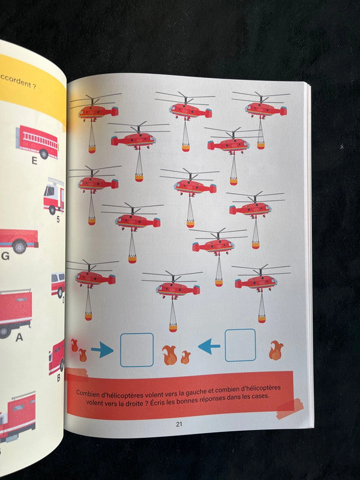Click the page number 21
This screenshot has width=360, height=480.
point(179,424)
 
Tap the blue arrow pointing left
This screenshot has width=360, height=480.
point(209,346)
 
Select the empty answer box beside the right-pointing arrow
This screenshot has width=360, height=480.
point(137,350)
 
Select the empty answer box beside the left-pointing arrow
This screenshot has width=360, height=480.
point(241,345)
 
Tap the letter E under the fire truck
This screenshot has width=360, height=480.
point(34,160)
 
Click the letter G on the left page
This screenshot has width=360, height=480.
point(5,256)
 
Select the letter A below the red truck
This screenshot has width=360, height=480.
point(19,337)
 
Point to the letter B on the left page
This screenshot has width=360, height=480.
point(59,379)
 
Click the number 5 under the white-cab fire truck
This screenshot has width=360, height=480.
point(58,219)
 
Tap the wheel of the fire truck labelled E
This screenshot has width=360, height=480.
point(44,154)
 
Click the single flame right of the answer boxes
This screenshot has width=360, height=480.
point(276,350)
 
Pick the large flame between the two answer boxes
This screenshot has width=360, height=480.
point(170,355)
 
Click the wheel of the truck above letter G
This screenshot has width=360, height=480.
point(20,247)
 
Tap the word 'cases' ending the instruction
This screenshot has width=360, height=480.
point(260,396)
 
